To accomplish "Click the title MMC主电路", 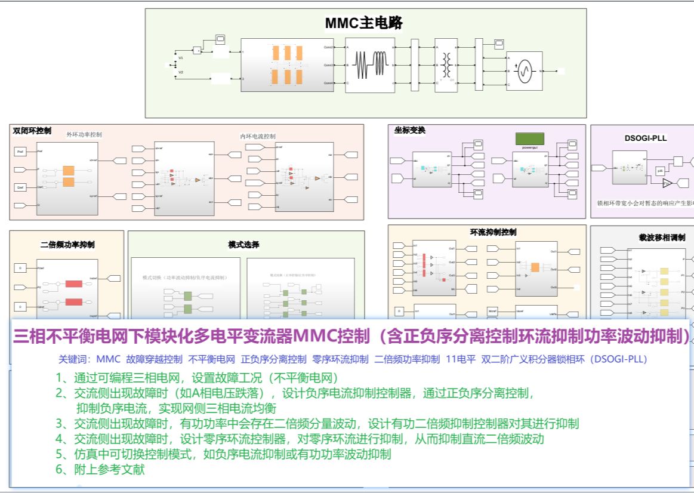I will click(x=363, y=23).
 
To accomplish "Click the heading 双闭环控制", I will click(x=32, y=131).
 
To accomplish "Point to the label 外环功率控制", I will click(x=85, y=135).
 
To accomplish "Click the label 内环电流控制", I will click(x=258, y=137).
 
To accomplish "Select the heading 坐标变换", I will click(x=410, y=130).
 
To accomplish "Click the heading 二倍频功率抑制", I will click(x=67, y=244).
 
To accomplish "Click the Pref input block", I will click(x=20, y=152).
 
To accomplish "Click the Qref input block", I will click(x=20, y=187).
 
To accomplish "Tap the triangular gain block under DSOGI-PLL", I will click(x=668, y=182).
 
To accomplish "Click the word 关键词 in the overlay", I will click(x=72, y=359).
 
